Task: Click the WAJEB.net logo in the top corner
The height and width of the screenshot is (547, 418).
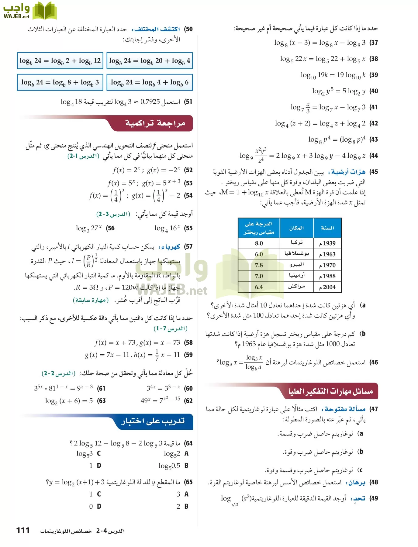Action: [x=29, y=11]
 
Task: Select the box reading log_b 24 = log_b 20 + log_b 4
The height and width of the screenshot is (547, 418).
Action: [x=150, y=61]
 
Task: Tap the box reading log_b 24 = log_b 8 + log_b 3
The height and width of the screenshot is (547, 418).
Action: [x=60, y=82]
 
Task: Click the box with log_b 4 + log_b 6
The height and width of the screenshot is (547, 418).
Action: [x=150, y=82]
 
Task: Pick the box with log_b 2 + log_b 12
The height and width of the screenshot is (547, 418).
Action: [x=60, y=61]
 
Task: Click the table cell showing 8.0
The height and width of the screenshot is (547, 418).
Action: [x=259, y=243]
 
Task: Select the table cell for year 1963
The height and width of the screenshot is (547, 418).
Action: [x=327, y=254]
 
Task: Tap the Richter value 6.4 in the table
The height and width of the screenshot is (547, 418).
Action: [x=259, y=287]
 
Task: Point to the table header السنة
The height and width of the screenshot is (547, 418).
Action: [x=327, y=228]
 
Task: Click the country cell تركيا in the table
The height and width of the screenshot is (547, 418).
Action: [x=296, y=243]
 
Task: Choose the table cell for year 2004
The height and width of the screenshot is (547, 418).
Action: [x=327, y=287]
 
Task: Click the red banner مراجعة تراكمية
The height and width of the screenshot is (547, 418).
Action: [x=155, y=123]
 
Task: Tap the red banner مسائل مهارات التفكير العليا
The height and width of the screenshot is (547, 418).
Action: [x=330, y=391]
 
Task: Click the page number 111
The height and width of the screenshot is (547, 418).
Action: [x=23, y=530]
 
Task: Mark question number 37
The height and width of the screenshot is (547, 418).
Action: [x=374, y=43]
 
